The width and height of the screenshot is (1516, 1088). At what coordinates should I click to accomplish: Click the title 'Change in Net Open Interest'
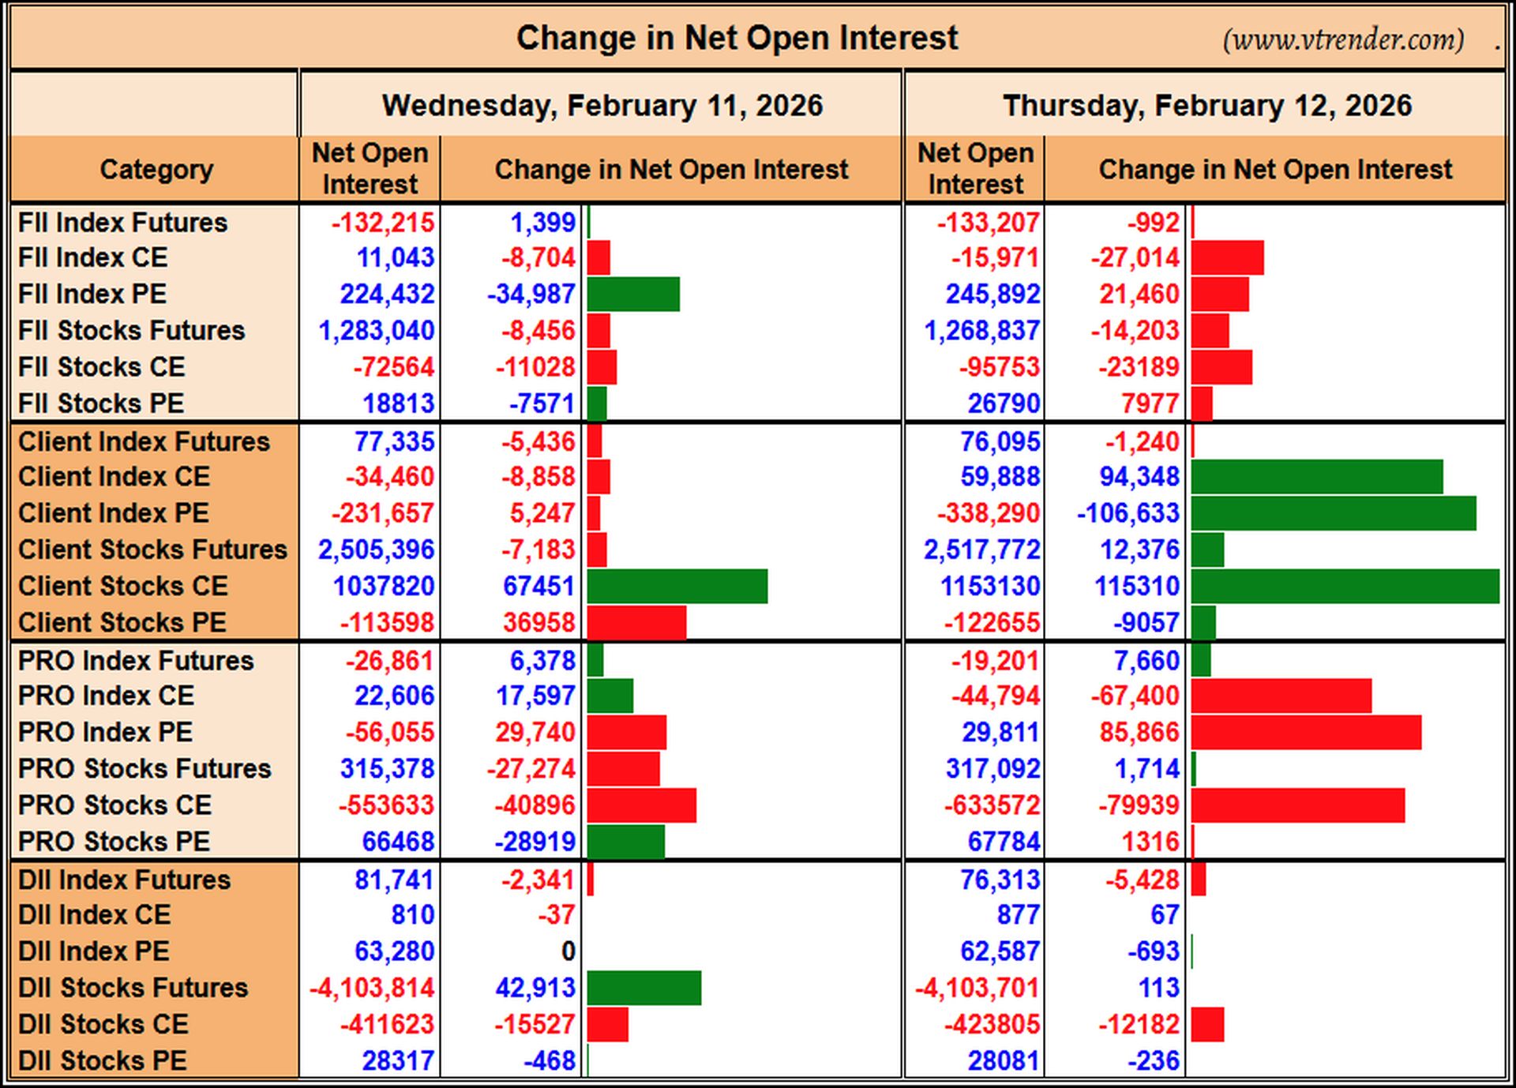click(737, 38)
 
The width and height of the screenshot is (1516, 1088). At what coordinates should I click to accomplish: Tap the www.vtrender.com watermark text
click(1343, 39)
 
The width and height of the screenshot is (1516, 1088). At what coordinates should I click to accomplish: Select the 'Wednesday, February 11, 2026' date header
click(602, 105)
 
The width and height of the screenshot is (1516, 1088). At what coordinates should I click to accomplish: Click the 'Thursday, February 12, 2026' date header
click(1206, 105)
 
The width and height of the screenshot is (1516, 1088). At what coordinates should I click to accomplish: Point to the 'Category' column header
click(156, 169)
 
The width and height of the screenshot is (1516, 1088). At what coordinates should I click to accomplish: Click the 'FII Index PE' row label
click(92, 294)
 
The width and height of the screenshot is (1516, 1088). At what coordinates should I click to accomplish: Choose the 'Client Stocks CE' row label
click(123, 586)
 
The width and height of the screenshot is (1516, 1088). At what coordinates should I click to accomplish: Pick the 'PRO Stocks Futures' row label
click(144, 768)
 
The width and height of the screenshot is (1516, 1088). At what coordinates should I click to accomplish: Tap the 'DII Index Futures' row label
click(124, 880)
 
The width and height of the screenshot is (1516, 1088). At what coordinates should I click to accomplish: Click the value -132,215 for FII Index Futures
click(383, 223)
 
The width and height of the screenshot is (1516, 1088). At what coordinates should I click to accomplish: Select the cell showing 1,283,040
click(377, 330)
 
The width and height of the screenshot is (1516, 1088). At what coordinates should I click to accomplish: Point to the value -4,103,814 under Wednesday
click(372, 988)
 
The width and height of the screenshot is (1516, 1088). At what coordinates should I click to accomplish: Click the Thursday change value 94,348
click(1139, 476)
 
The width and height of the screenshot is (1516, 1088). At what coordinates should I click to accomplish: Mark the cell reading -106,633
click(1128, 513)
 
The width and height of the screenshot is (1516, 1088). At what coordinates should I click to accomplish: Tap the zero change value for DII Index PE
click(568, 951)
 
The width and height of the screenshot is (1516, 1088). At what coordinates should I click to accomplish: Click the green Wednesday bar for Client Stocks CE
click(677, 587)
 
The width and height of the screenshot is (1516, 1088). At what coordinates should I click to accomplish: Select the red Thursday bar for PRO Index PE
click(1306, 733)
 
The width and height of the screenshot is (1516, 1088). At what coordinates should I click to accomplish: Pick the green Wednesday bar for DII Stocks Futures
click(644, 989)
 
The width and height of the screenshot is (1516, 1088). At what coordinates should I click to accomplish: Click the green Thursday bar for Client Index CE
click(1317, 477)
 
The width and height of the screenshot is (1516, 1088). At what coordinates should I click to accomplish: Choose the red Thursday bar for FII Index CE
click(1228, 258)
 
